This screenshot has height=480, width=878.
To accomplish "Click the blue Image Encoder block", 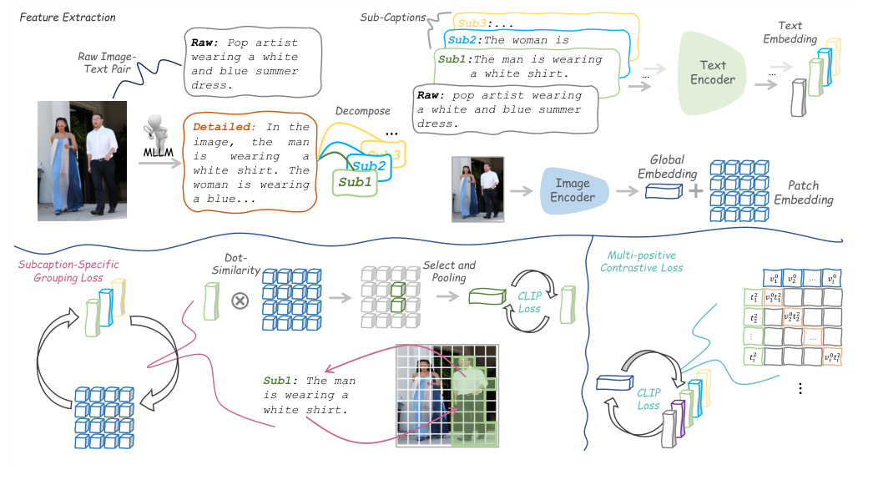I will click(x=573, y=191).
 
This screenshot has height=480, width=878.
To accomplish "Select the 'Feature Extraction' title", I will click(x=66, y=18).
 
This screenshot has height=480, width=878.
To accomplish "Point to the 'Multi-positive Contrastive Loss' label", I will click(x=641, y=262).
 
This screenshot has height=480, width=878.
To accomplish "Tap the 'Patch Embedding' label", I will click(x=803, y=193).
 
